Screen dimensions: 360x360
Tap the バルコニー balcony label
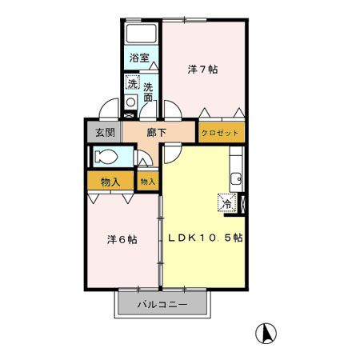point(162,305)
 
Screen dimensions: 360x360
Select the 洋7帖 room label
point(203,69)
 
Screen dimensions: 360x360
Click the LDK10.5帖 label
point(205,238)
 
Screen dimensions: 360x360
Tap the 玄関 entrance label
point(100,132)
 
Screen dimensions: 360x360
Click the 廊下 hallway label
point(157,132)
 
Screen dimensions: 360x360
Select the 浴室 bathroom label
point(141,58)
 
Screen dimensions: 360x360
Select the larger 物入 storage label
point(110,181)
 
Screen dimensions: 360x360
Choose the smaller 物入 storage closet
point(147,182)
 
